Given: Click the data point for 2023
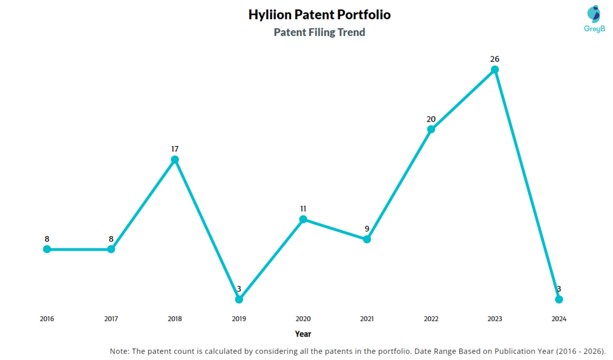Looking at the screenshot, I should (494, 69).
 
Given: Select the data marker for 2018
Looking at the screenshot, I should (175, 159).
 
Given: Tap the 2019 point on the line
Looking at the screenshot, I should (239, 299).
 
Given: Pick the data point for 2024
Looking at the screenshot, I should (559, 299).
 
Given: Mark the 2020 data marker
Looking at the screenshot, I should (303, 219).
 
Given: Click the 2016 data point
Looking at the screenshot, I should (47, 249).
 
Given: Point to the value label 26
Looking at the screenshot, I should (494, 59).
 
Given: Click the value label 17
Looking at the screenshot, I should (175, 149).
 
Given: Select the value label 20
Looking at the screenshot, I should (431, 119).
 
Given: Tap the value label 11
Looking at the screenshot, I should (303, 208).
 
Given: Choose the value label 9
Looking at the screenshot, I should (367, 228).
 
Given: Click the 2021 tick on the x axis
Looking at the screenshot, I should (367, 319).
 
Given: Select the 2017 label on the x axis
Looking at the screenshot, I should (111, 319).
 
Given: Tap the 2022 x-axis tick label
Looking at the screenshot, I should (431, 319).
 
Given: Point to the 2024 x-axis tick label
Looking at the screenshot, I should (559, 319).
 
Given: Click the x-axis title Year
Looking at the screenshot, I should (303, 334).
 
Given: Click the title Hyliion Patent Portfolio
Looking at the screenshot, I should (319, 15).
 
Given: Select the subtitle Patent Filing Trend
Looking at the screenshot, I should (319, 32).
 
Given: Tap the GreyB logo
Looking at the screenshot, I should (593, 19).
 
